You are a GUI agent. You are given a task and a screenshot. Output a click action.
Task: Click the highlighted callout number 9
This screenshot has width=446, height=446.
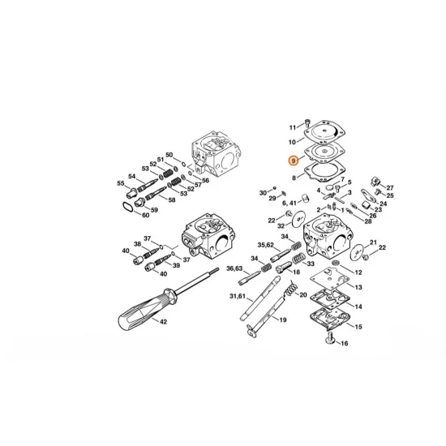point(294,163)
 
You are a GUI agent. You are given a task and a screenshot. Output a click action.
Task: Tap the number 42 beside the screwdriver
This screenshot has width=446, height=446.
point(164,322)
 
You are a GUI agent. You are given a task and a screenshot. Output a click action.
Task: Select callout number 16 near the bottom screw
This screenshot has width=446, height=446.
point(344,344)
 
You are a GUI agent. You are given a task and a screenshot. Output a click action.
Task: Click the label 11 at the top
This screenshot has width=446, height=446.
point(294,127)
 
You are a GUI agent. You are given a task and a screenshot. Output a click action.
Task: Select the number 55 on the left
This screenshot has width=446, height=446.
point(120,183)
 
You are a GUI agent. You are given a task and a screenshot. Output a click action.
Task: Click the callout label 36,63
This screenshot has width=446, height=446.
point(235,268)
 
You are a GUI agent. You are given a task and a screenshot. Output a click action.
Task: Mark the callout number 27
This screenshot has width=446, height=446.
point(389,187)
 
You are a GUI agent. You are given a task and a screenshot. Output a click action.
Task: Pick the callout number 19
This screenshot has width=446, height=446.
point(283,320)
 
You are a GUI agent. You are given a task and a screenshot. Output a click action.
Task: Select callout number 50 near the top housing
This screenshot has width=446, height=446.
point(169,155)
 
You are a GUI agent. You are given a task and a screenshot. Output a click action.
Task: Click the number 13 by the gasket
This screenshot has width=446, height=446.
point(358,288)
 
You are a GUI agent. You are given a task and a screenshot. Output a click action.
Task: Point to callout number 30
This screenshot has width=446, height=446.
point(263,192)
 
